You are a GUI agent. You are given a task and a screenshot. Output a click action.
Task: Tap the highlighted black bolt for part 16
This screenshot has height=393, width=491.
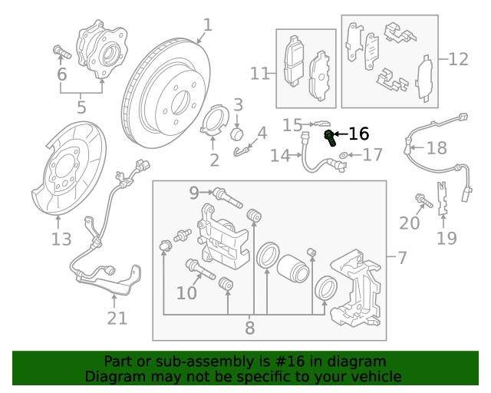click(330, 138)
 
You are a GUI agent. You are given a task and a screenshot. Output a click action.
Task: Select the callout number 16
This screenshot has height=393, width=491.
click(358, 134)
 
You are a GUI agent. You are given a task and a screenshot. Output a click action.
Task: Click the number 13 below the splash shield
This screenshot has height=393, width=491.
click(61, 239)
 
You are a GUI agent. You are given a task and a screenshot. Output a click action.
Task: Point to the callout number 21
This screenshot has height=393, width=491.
click(117, 317)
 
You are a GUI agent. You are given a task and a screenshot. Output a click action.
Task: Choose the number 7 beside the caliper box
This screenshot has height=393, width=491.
click(402, 258)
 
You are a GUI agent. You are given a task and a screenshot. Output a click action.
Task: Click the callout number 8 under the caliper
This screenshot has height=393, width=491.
click(249, 329)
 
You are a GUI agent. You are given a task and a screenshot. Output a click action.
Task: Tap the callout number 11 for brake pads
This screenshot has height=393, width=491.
click(260, 74)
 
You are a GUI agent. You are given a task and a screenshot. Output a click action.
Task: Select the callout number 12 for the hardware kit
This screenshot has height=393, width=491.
click(457, 58)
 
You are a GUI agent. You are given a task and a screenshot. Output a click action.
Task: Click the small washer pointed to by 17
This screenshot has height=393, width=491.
click(343, 156)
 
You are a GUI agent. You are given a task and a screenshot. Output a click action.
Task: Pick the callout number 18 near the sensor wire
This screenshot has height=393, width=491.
click(436, 148)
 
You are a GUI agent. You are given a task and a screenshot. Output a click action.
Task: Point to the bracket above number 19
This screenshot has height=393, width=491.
click(443, 196)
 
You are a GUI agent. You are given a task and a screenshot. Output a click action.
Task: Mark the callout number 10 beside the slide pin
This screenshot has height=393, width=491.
click(186, 292)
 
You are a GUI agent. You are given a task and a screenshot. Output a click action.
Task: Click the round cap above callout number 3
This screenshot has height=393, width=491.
click(238, 134)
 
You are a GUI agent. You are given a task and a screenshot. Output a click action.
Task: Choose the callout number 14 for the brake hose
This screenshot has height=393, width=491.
click(280, 156)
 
